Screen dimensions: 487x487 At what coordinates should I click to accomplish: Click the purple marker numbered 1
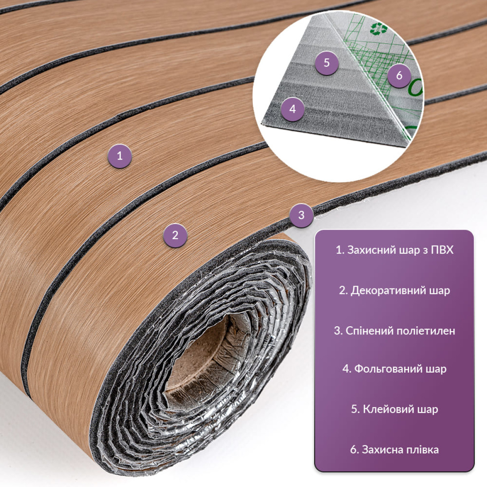coord(120,156)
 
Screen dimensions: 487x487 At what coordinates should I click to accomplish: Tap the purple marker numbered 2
coord(175,235)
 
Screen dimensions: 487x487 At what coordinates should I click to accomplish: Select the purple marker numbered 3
coord(301,215)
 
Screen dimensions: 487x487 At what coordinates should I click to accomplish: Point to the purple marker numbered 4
coord(292,109)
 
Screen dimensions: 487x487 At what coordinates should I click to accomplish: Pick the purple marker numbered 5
coord(327,63)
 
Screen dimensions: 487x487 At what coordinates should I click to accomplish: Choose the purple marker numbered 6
coord(399,75)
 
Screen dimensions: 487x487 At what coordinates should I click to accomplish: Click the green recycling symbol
coord(376,28)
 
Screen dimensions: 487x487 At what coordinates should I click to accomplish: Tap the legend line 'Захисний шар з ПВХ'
coord(394,250)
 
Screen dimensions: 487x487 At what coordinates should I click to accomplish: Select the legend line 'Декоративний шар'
coord(394,291)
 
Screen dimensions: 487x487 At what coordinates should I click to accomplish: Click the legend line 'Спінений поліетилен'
coord(394,331)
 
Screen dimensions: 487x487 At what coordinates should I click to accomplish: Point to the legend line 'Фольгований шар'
coord(394,369)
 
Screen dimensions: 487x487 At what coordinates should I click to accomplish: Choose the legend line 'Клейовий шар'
coord(394,409)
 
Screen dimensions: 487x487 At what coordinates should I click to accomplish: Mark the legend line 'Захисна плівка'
coord(394,450)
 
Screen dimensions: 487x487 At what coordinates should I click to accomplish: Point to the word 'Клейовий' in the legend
coord(388,409)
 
